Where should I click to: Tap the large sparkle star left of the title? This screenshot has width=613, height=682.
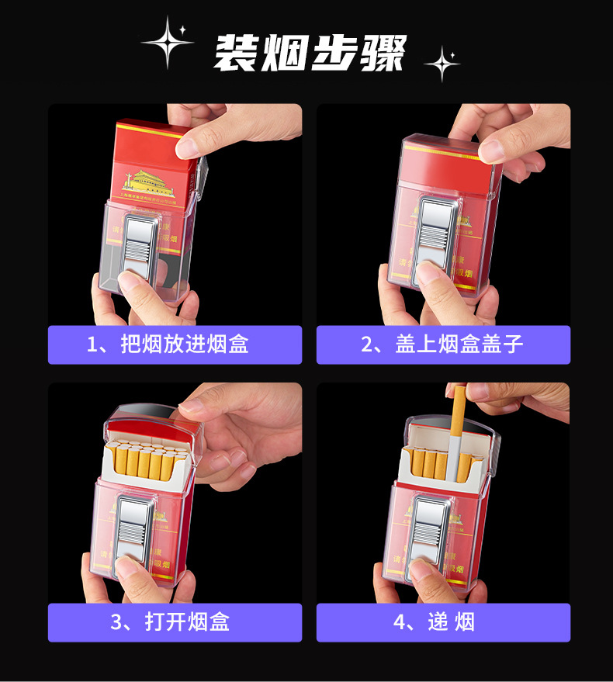coord(168,43)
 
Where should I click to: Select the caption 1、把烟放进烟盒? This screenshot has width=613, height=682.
coord(175,344)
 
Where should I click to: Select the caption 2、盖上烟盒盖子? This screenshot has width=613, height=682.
coord(443,344)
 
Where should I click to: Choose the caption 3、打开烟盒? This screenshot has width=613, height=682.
coord(175,622)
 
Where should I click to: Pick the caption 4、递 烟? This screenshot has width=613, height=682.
coord(443,622)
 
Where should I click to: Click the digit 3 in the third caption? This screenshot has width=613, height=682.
coord(116,622)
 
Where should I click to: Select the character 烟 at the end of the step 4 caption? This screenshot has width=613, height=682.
coord(465,622)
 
